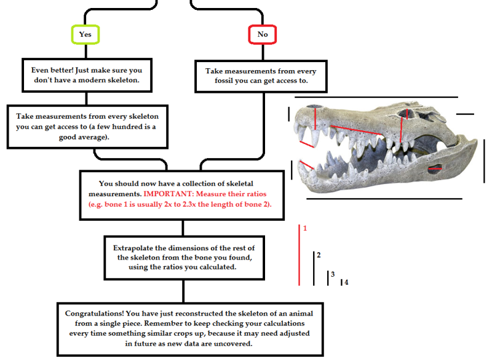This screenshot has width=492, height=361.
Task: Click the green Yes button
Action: [85, 34]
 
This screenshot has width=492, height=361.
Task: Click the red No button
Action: [263, 34]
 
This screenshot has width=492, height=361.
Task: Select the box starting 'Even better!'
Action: [86, 74]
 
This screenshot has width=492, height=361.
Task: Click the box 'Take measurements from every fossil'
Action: [261, 76]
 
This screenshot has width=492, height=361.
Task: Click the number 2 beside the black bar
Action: [319, 255]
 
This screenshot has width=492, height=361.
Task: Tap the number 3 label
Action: [333, 274]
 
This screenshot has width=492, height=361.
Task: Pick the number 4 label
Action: [346, 282]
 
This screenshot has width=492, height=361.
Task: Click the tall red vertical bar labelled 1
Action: [300, 255]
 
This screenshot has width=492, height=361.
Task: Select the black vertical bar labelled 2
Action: [314, 268]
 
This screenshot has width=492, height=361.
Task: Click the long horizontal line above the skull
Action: [376, 97]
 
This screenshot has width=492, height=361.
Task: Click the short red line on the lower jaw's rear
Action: [435, 168]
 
